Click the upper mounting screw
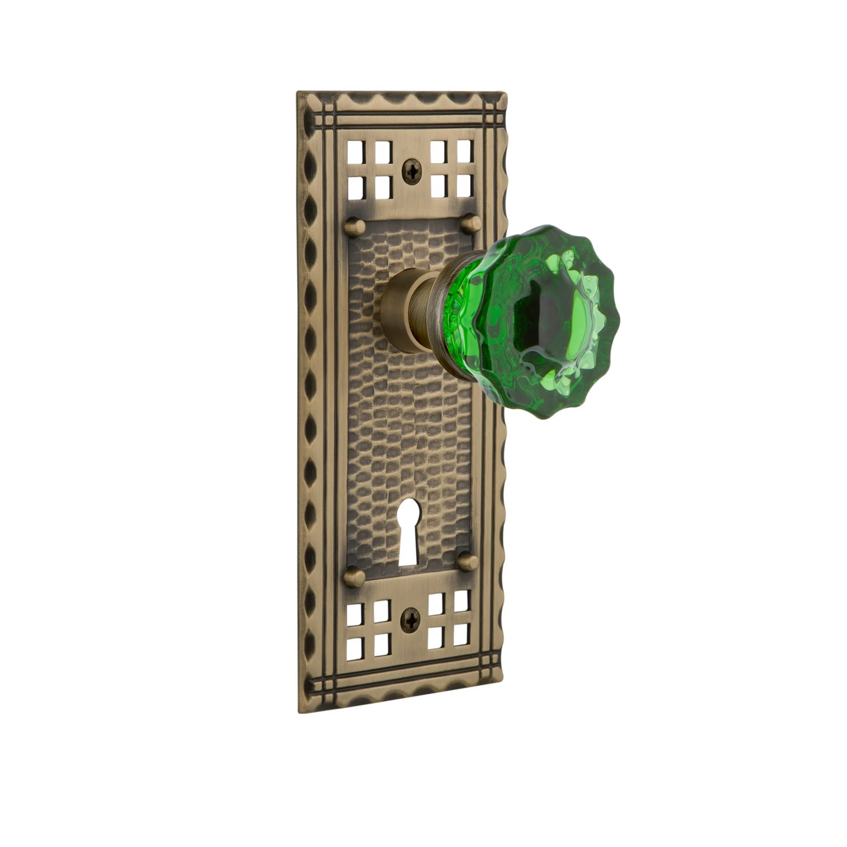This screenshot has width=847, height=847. click(412, 172)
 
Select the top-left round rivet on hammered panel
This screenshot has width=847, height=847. click(354, 227)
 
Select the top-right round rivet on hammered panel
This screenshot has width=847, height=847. click(472, 223)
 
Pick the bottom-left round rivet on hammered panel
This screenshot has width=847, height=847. click(354, 577)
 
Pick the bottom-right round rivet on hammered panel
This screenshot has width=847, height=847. click(468, 561)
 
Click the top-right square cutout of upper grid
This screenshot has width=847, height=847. click(465, 150)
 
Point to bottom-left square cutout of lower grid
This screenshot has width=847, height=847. click(354, 649)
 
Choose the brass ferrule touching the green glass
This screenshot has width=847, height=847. click(447, 320)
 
